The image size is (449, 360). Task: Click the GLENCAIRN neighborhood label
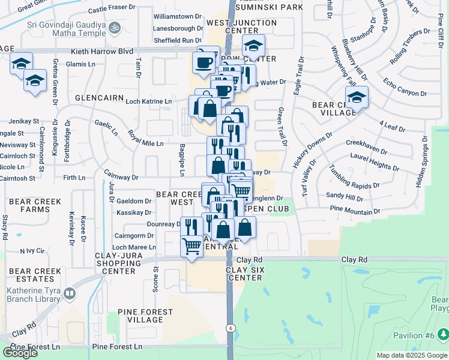click(100, 97)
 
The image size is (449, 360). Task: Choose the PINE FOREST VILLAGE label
click(141, 316)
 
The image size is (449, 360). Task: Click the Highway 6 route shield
click(230, 328)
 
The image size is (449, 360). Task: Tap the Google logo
click(20, 352)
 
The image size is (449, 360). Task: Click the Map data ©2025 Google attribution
click(412, 355)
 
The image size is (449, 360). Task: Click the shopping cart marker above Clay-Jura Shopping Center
click(191, 245)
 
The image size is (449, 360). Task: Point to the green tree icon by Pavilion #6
click(443, 334)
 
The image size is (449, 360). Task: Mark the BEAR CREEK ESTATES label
click(35, 275)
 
